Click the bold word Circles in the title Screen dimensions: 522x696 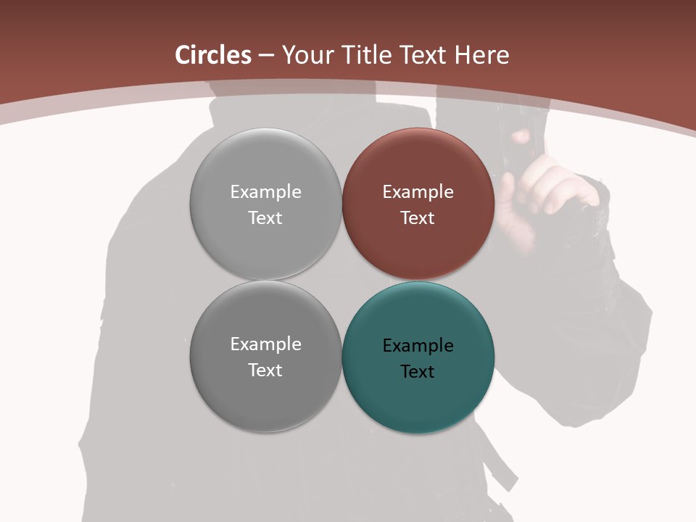pyautogui.click(x=213, y=55)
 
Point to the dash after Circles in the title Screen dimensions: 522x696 pyautogui.click(x=266, y=56)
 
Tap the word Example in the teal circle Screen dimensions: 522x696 pyautogui.click(x=418, y=346)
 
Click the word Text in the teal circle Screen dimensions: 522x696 pyautogui.click(x=418, y=372)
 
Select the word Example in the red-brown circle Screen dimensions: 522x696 pyautogui.click(x=418, y=192)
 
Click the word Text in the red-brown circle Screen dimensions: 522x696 pyautogui.click(x=418, y=218)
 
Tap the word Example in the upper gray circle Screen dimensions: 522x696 pyautogui.click(x=265, y=192)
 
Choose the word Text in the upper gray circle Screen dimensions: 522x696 pyautogui.click(x=265, y=218)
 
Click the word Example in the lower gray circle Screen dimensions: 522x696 pyautogui.click(x=265, y=344)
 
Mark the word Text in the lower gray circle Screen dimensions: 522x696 pyautogui.click(x=265, y=370)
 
